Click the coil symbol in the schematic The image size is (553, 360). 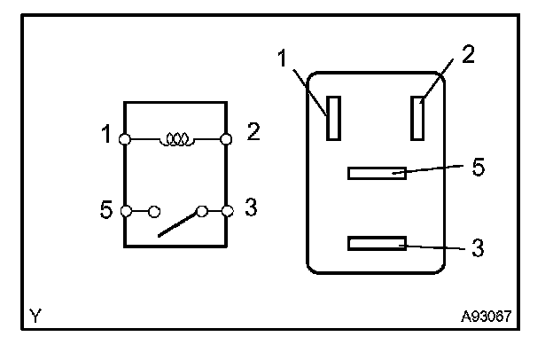pos(176,139)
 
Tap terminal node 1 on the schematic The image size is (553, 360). pos(126,139)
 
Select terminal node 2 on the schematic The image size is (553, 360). pos(227,139)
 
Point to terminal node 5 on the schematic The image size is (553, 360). pos(126,211)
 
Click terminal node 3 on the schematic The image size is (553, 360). pos(227,211)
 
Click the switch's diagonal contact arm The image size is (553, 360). pos(180,223)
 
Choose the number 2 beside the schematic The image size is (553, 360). pos(253,133)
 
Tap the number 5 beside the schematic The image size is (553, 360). pos(106,210)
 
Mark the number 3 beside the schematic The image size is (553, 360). pos(251,208)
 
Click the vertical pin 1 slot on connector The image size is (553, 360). pos(333,118)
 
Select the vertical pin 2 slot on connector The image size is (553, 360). pos(417,118)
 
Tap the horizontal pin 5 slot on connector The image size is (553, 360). pos(377,173)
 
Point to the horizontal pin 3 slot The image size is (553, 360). pos(377,243)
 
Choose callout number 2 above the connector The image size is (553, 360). pos(469,54)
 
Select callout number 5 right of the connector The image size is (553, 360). pos(478,167)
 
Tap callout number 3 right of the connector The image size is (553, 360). pos(478,246)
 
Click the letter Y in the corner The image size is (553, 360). pos(35,315)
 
